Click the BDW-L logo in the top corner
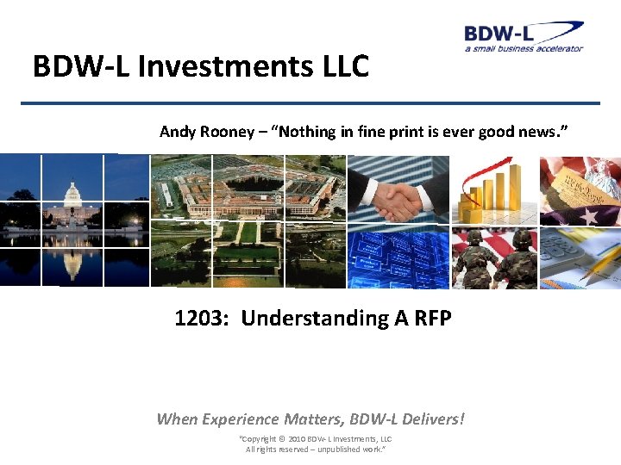[x=523, y=36]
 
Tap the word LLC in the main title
[x=344, y=66]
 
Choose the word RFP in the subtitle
[x=433, y=318]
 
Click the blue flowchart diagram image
[x=398, y=257]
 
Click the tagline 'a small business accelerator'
[x=524, y=48]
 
